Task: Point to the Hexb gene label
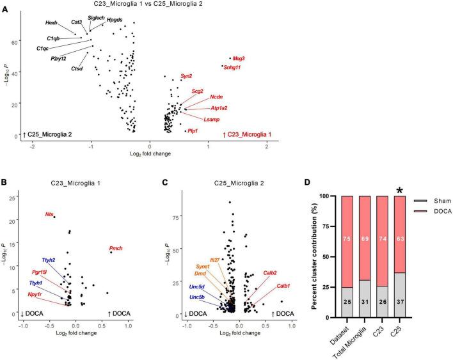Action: (51, 23)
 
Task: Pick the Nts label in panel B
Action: (50, 214)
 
